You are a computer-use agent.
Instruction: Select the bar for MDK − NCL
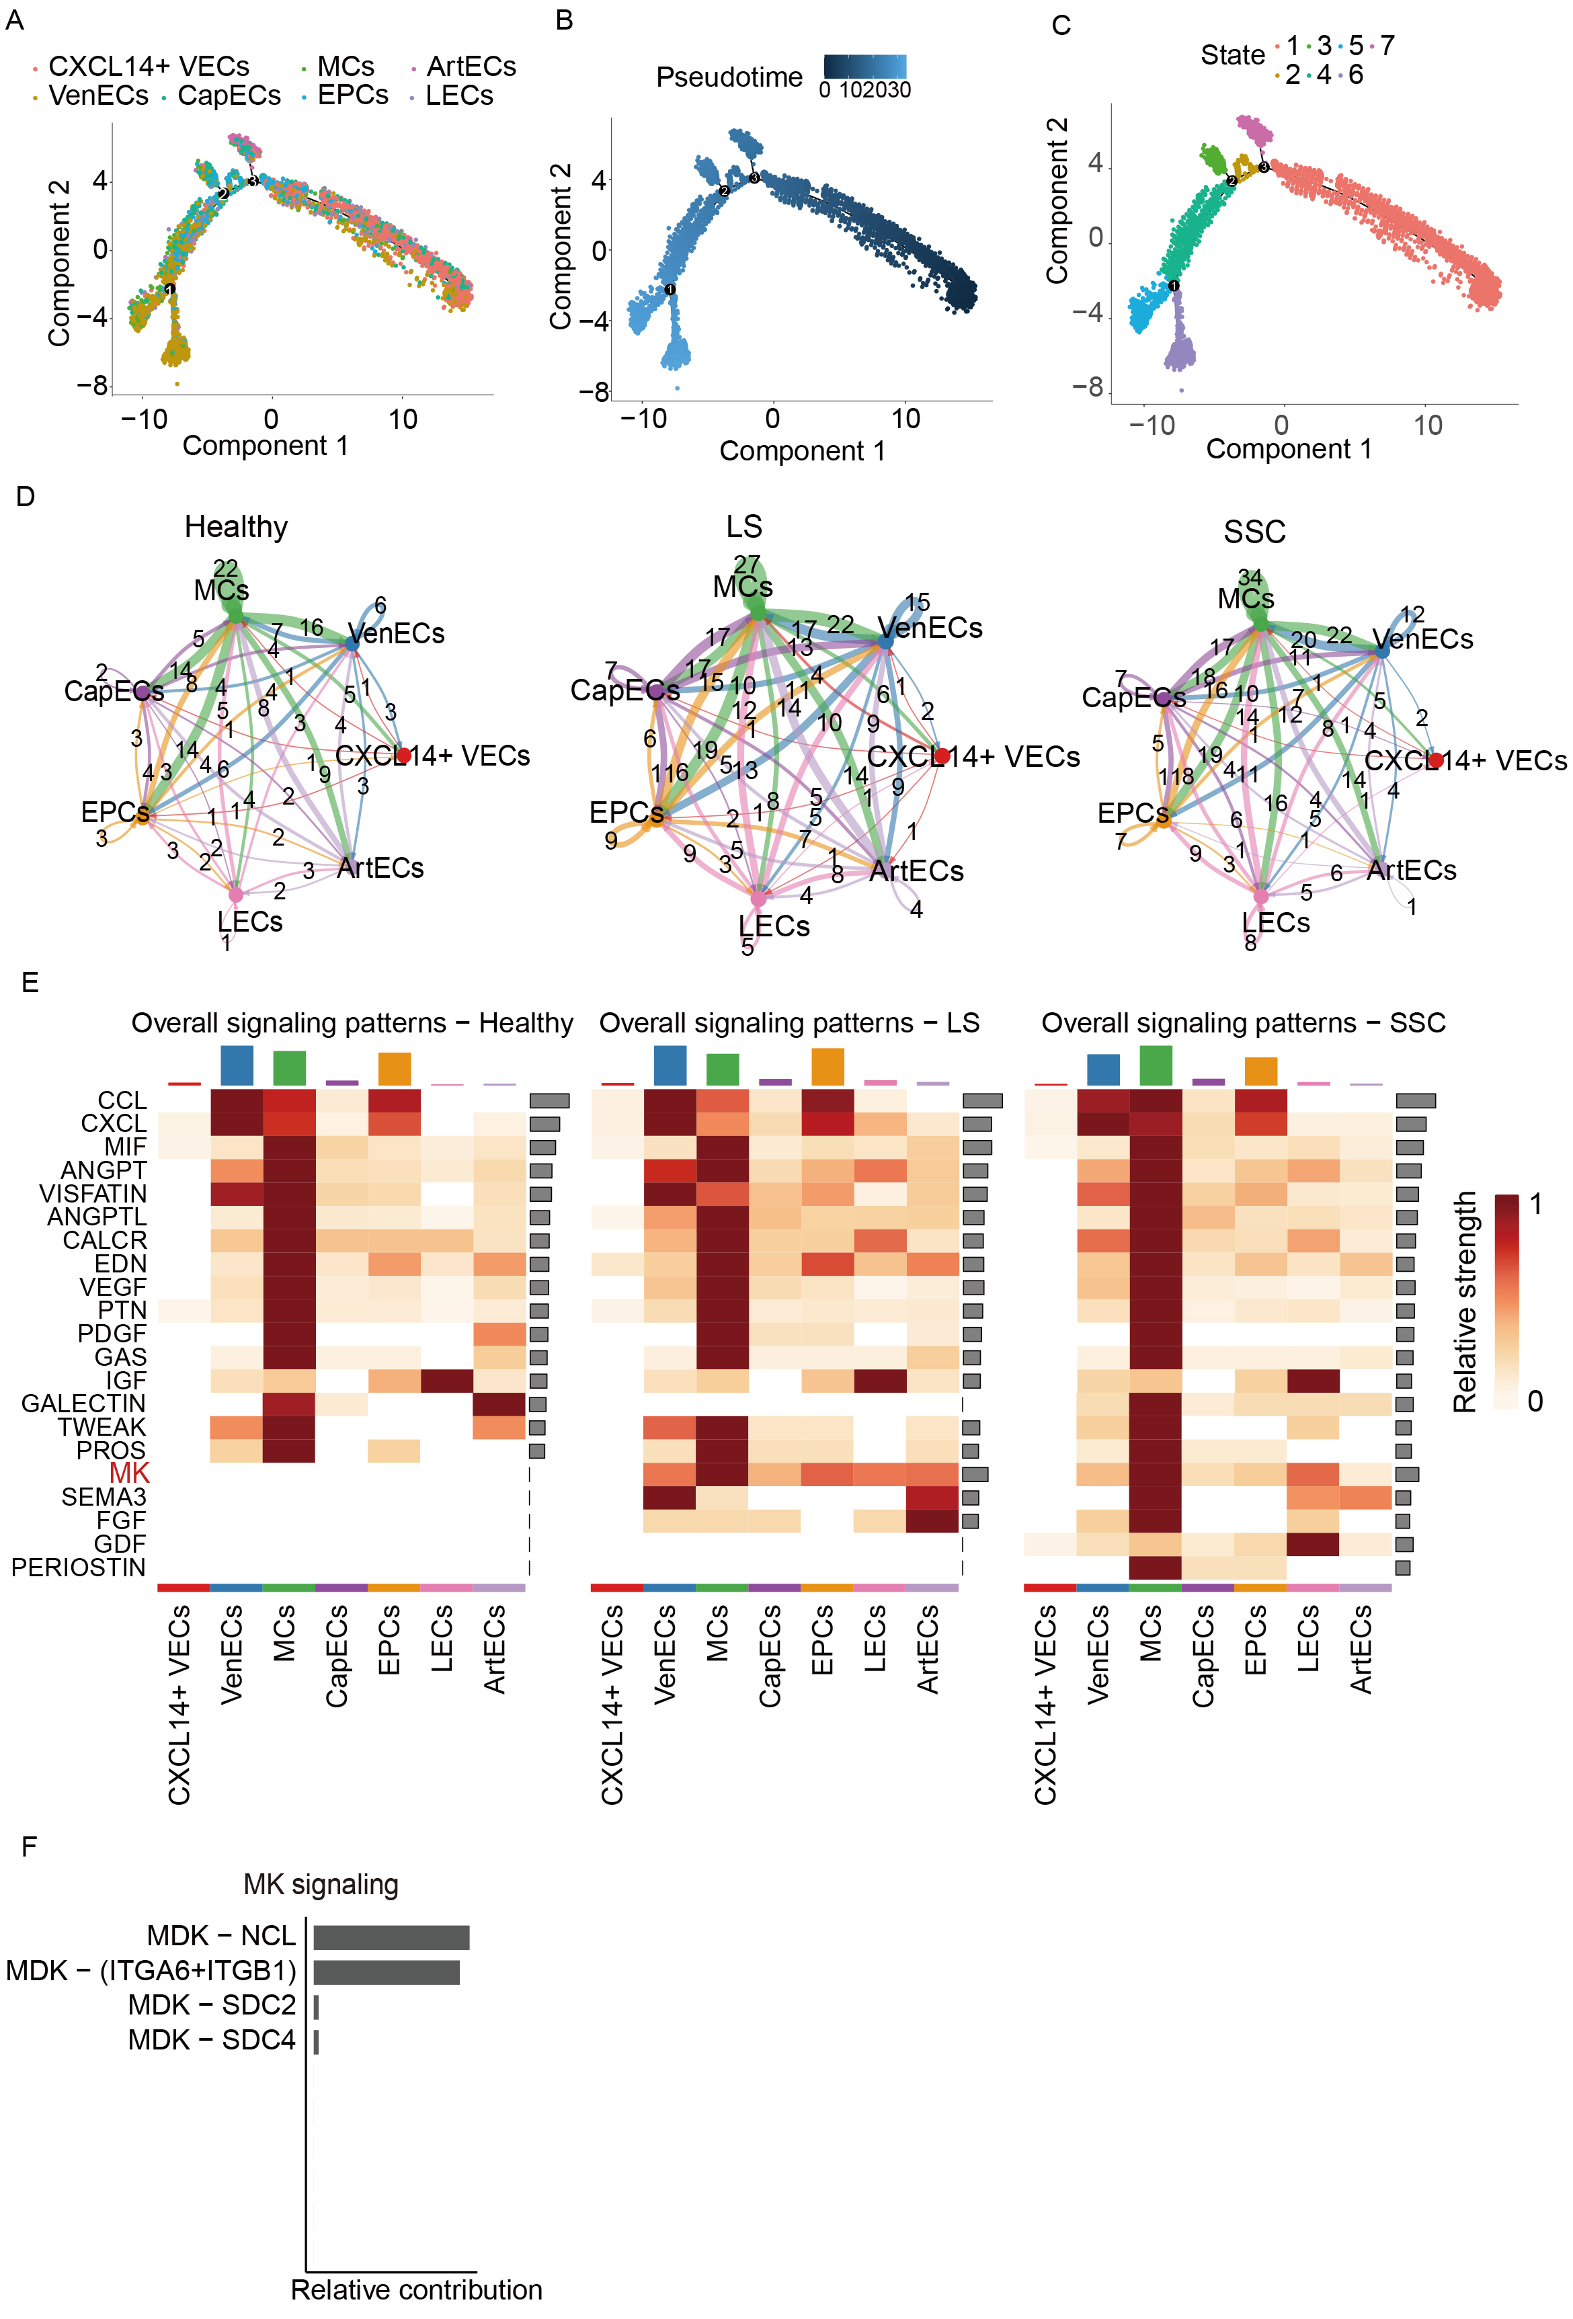click(x=391, y=1937)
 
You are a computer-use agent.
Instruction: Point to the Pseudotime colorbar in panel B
click(x=864, y=66)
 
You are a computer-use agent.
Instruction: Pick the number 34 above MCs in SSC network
click(x=1250, y=578)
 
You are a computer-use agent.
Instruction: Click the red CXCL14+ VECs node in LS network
click(x=941, y=756)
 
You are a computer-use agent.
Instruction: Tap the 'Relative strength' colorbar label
click(x=1464, y=1301)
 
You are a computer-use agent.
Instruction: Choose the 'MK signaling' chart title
click(x=321, y=1884)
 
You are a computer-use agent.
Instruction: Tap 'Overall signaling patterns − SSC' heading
click(x=1243, y=1023)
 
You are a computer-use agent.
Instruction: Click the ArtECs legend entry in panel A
click(x=470, y=67)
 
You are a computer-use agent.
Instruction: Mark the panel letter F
click(x=29, y=1846)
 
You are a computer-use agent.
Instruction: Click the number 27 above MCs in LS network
click(x=747, y=565)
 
